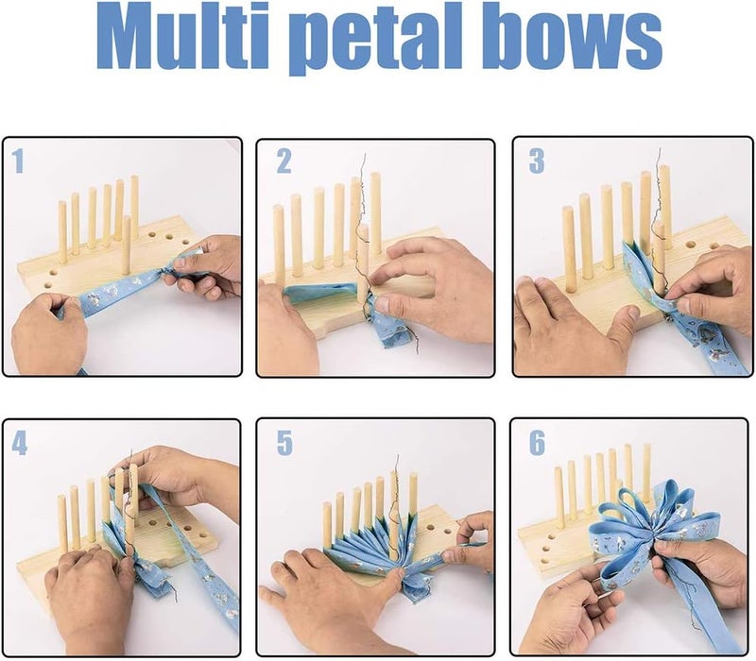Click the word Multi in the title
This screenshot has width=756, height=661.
(194, 40)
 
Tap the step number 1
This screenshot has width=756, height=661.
(18, 161)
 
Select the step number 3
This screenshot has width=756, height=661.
(536, 161)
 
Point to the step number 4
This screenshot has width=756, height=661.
(20, 443)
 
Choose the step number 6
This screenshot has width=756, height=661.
(536, 443)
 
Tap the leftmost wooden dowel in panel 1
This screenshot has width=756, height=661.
(62, 231)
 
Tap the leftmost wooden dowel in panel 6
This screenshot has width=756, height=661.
(558, 496)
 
